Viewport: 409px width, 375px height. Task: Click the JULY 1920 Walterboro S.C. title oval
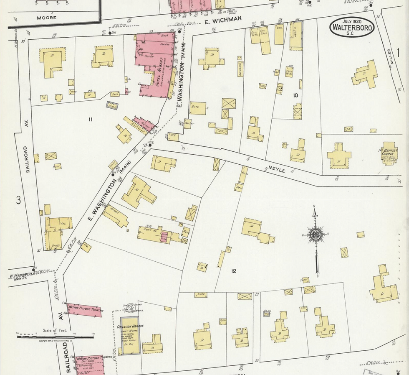click(x=351, y=27)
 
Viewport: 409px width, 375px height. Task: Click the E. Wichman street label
click(x=223, y=19)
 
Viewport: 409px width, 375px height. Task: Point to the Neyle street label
click(x=277, y=170)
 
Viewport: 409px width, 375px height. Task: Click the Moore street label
click(x=46, y=18)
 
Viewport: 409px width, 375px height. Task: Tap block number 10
click(x=295, y=95)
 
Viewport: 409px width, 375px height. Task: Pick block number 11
click(x=90, y=120)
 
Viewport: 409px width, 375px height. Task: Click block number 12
click(x=234, y=271)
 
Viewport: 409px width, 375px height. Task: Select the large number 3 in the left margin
click(x=18, y=200)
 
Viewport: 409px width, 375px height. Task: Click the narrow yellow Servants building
click(x=240, y=68)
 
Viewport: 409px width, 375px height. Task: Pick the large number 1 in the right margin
click(x=399, y=53)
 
